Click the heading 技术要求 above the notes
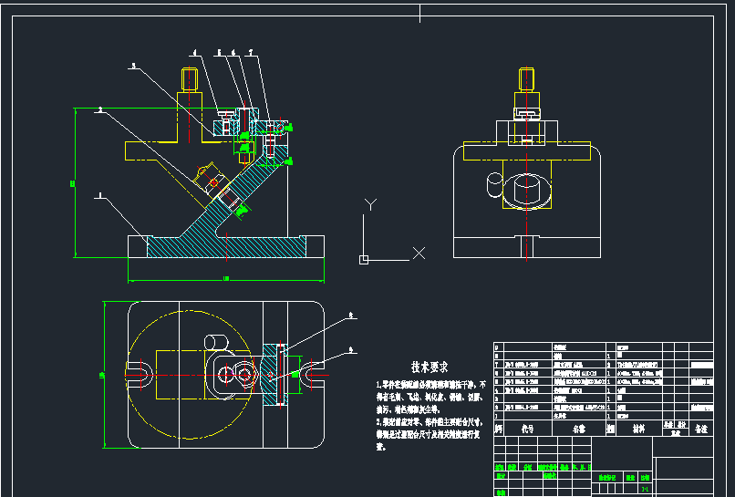(429, 367)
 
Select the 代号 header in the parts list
(526, 427)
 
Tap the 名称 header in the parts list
(578, 427)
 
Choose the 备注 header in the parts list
(700, 427)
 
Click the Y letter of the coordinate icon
(369, 203)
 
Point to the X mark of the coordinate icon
(419, 253)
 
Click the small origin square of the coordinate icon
(364, 260)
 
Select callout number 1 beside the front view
(98, 193)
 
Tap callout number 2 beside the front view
(99, 109)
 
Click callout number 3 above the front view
(133, 66)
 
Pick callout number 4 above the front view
(194, 52)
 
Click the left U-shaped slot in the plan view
(141, 373)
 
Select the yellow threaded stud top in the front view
(190, 77)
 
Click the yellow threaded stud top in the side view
(527, 77)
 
